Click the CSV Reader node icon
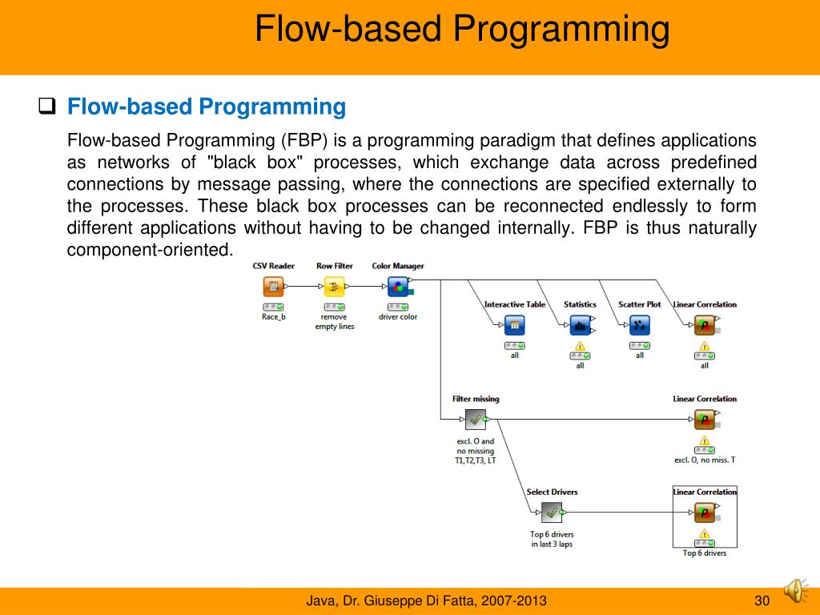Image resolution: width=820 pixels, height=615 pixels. [x=273, y=287]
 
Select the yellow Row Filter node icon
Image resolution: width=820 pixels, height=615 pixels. [x=334, y=287]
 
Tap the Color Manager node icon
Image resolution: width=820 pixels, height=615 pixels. [x=398, y=287]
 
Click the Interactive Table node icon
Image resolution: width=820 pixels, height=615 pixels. [x=515, y=325]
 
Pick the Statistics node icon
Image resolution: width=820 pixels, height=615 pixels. [x=580, y=325]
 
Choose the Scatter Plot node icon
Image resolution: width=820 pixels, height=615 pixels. [x=640, y=325]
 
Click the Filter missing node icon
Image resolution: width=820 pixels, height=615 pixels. [x=476, y=420]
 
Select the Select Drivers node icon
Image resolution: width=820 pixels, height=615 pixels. [x=551, y=512]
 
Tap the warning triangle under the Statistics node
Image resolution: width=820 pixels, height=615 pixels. [x=580, y=346]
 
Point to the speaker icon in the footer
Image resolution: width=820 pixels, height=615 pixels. [x=795, y=591]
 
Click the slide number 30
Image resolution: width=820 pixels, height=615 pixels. [x=762, y=601]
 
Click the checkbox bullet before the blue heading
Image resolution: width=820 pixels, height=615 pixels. [x=47, y=107]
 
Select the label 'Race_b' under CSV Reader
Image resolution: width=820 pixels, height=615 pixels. [x=274, y=317]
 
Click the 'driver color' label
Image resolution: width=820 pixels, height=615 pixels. [x=398, y=317]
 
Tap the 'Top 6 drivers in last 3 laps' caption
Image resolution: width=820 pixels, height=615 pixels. [x=552, y=539]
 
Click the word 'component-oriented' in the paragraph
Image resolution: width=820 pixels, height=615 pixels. [x=149, y=250]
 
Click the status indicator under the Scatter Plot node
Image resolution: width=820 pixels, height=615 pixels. [x=640, y=346]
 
